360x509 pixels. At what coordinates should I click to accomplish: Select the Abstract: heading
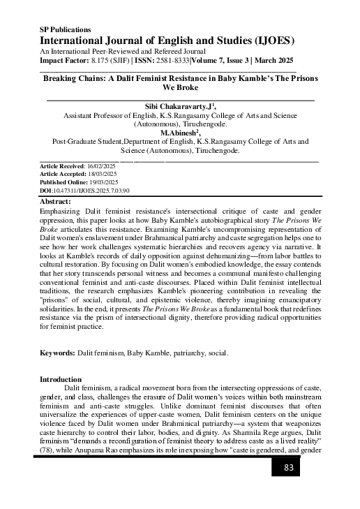click(x=57, y=200)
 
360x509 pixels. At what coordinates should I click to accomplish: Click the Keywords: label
click(x=58, y=354)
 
